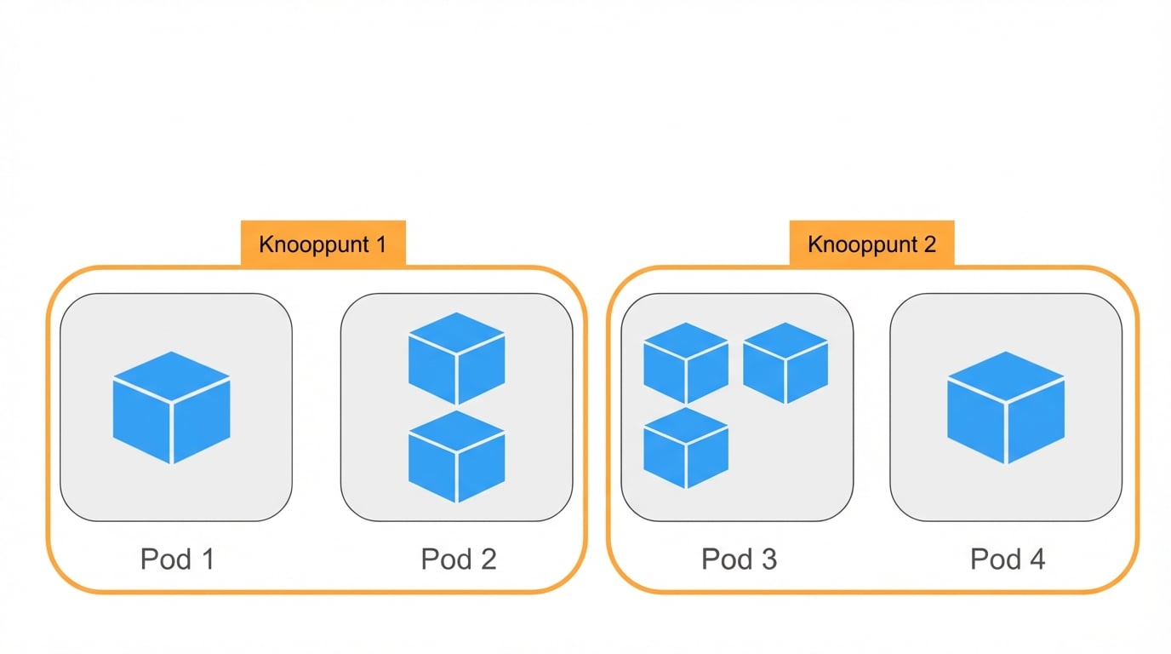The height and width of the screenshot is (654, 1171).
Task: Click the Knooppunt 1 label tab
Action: (x=323, y=244)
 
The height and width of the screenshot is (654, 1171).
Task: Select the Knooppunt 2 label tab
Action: (x=871, y=244)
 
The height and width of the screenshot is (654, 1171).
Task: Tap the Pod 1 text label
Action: (x=177, y=559)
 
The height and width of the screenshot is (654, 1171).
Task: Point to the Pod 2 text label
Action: (x=459, y=559)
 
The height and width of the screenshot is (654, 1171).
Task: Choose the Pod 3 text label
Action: (x=739, y=559)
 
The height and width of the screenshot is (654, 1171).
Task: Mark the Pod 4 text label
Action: (x=1008, y=559)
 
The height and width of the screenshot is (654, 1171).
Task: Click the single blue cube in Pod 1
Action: (x=172, y=407)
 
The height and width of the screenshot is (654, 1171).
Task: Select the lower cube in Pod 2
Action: (x=457, y=456)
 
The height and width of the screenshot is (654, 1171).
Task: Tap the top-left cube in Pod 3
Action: (x=686, y=362)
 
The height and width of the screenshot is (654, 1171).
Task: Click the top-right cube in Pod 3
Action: (x=785, y=362)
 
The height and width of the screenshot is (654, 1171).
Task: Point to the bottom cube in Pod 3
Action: (x=686, y=447)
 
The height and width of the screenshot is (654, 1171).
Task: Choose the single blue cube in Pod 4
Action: (x=1006, y=407)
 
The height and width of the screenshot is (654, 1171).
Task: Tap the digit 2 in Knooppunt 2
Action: (x=928, y=244)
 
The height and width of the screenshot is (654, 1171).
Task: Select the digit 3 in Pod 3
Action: (x=768, y=559)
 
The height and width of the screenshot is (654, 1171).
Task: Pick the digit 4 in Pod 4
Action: (x=1037, y=559)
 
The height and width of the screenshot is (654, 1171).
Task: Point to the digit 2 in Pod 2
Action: (x=487, y=559)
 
